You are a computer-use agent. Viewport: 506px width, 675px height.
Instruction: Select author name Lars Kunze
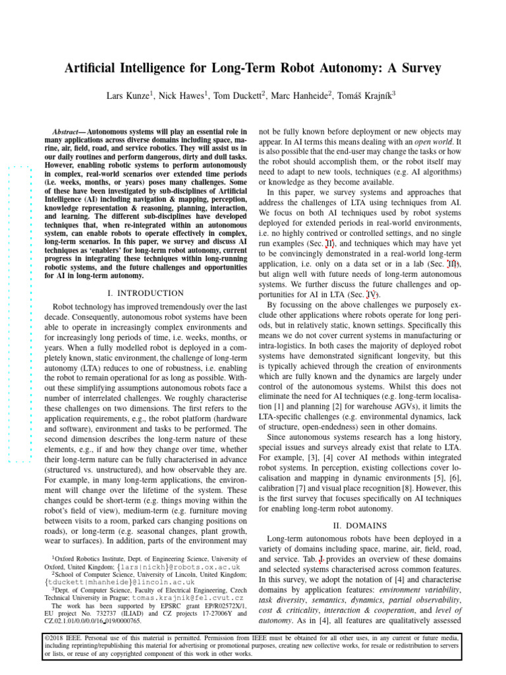[x=128, y=96]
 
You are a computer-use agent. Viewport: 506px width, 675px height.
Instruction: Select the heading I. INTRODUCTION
[x=146, y=293]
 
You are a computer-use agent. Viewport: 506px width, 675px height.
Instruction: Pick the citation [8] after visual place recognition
[x=409, y=488]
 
